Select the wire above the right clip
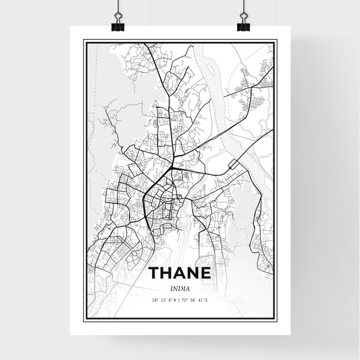[x=242, y=7]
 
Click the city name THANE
[x=179, y=274]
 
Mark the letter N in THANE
[x=195, y=274]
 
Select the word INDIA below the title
[x=180, y=288]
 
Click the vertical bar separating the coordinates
[x=179, y=299]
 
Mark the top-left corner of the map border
[x=84, y=41]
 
